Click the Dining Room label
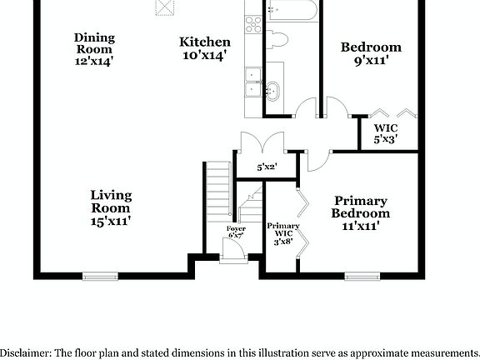pos(94,48)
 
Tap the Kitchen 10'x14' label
pos(205,48)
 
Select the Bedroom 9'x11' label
pos(371,53)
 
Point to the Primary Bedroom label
pos(361,213)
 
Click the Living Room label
pos(111,207)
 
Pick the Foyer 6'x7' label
pos(236,232)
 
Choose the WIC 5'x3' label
pos(384,134)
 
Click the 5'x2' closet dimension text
pos(267,167)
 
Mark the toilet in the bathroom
pos(278,39)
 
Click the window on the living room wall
pos(101,275)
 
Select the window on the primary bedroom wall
pos(362,275)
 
